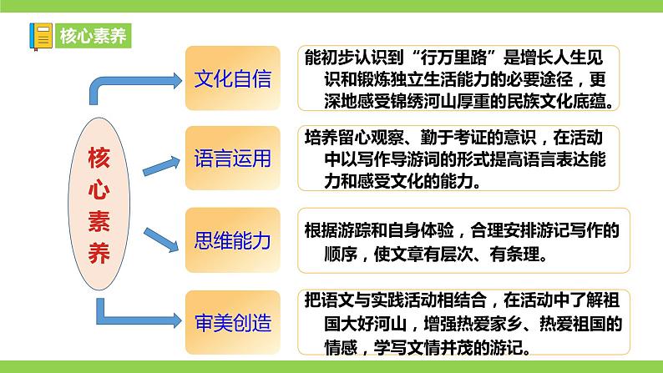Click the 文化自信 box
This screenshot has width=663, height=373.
(x=232, y=80)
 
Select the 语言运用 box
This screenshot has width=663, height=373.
(x=232, y=159)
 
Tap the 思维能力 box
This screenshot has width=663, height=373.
(x=232, y=242)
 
